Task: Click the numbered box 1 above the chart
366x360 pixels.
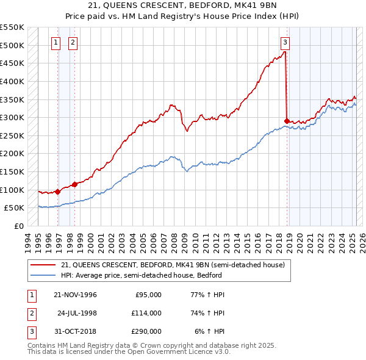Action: tap(56, 43)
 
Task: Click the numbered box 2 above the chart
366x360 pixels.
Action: tap(73, 43)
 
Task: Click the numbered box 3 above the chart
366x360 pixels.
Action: tap(285, 43)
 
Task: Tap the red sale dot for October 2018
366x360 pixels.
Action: tap(287, 121)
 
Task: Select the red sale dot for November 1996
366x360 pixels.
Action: tap(58, 191)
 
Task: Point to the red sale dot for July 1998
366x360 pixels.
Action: tap(74, 184)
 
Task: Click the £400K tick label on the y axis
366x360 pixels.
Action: tap(12, 81)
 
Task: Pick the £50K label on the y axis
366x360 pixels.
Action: tap(15, 208)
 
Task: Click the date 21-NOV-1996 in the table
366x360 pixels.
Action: tap(76, 295)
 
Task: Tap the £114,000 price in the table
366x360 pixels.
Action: tap(146, 313)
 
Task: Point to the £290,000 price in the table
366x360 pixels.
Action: tap(146, 332)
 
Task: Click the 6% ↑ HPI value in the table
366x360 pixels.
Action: tap(207, 332)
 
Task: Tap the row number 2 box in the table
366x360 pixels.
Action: tap(30, 313)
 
